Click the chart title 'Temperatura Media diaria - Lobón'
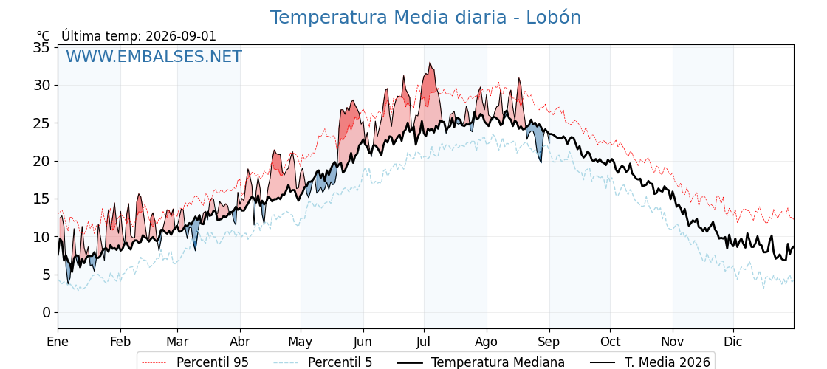coord(425,18)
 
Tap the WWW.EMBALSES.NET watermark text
coord(154,56)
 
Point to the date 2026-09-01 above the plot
coord(181,36)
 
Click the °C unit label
coord(44,36)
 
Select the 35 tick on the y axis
coord(41,47)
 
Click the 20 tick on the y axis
coord(41,162)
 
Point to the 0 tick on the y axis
coord(47,313)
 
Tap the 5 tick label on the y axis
coord(47,275)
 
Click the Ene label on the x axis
coord(58,342)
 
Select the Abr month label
coord(240,342)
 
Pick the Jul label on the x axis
coord(424,342)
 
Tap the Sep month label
coord(549,342)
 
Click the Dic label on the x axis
coord(733,342)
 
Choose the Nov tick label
coord(673,342)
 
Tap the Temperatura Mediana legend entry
coord(479,362)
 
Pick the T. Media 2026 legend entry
coord(650,362)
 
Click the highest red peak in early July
coord(430,63)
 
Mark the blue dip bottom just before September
coord(540,162)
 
